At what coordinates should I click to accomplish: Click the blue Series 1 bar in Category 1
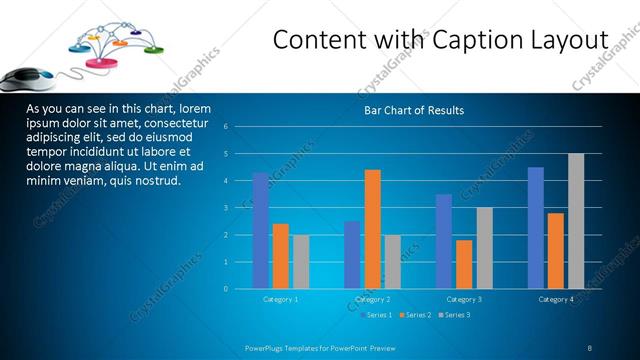coord(261,230)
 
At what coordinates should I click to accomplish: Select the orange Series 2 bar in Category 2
coord(372,228)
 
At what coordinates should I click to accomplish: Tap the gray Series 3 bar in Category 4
coord(576,221)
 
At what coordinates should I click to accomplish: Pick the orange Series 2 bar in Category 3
coord(464,264)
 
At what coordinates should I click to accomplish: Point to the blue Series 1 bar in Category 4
coord(536,227)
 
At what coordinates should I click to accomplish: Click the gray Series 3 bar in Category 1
coord(300,262)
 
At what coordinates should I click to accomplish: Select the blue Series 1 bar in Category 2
coord(352,255)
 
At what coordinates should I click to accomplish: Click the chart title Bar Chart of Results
coord(413,110)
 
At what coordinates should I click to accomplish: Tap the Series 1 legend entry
coord(375,315)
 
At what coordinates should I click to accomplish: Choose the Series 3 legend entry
coord(453,315)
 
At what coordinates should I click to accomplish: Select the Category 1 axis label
coord(280,299)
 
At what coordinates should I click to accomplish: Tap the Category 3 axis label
coord(464,299)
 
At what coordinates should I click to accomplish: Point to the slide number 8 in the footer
coord(590,348)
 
